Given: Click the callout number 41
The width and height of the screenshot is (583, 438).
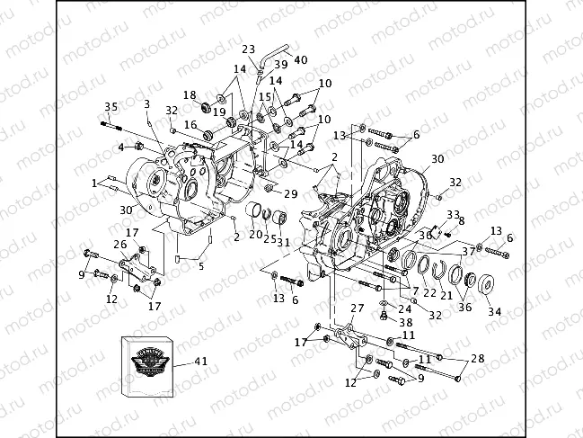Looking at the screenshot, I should point(201,362).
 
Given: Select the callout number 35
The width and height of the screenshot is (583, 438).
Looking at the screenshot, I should point(110,107).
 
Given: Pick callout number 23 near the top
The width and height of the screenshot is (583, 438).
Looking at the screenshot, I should point(248,49).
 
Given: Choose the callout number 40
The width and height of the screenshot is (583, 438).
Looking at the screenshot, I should point(300,60).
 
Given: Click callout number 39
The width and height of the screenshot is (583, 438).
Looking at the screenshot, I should point(281,65).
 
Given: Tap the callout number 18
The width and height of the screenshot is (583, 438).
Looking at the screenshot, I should point(190,95).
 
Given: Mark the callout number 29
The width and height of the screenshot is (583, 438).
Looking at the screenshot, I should point(290,194).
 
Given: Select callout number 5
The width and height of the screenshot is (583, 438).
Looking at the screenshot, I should point(201,265).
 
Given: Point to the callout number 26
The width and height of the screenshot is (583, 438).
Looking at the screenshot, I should point(119,245).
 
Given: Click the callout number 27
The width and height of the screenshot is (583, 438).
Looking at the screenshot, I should point(357,308).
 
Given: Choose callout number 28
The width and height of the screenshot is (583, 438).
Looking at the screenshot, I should point(477,359).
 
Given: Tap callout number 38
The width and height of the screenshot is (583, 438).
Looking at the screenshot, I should point(406,322).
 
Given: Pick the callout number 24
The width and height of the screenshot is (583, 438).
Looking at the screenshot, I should point(405,308).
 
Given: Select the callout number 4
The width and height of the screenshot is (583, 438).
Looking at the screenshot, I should point(121,147).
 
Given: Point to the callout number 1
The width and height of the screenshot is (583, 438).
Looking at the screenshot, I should point(94,183).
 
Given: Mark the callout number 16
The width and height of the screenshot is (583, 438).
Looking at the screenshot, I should point(190,125).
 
